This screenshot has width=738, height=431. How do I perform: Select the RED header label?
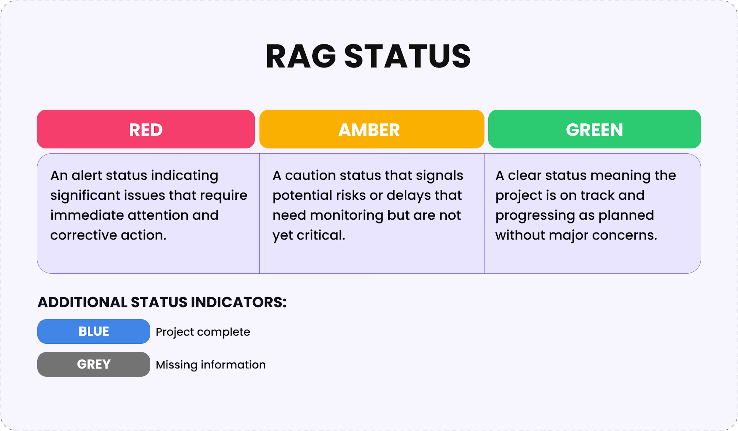tap(146, 130)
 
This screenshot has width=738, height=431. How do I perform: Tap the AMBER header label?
tap(369, 130)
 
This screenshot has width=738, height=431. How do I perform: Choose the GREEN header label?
tap(594, 130)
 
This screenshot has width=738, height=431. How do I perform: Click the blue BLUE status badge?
tap(94, 331)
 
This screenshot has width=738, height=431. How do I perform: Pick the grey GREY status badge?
tap(94, 364)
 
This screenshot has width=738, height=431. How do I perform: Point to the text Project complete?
tap(203, 332)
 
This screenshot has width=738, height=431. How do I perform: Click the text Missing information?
tap(211, 365)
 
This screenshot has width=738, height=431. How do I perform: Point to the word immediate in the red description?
tap(87, 215)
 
